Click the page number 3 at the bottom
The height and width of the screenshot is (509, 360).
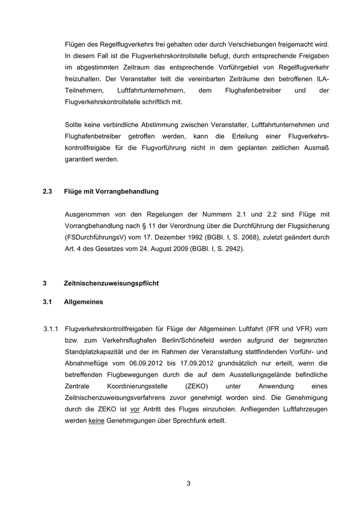coord(188,483)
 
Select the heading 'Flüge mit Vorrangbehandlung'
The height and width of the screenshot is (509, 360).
coord(112,191)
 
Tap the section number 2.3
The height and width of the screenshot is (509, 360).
coord(47,191)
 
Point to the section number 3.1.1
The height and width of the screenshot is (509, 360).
coord(52,329)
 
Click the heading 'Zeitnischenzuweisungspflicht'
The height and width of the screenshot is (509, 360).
coord(111,283)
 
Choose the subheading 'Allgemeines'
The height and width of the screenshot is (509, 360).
coord(83,302)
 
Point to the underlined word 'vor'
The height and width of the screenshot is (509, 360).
coord(136,409)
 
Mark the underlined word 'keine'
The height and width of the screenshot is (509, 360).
coord(97,420)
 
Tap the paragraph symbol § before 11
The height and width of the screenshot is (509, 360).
coord(142,225)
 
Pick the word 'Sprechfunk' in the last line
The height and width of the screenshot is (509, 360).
coord(186,420)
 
